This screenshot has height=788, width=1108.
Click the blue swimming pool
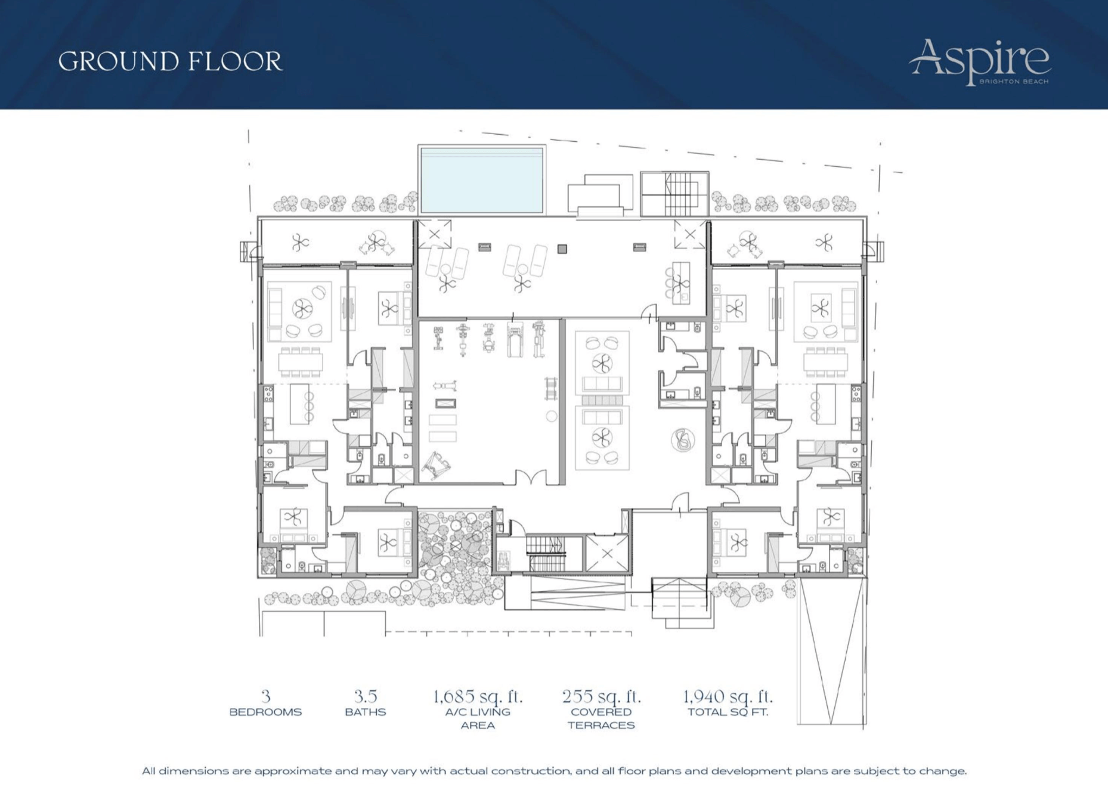point(482,180)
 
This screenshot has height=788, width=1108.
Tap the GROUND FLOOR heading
point(170,61)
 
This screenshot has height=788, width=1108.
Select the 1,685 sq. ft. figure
point(478,696)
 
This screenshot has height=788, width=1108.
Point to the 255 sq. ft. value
point(601,696)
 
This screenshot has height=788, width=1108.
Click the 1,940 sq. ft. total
point(728,696)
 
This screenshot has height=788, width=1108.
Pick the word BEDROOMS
point(265,712)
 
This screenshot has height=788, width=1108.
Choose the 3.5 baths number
point(366,696)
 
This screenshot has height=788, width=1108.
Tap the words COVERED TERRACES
point(601,719)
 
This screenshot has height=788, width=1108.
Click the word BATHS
point(366,712)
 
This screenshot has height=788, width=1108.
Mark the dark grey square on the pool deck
point(562,249)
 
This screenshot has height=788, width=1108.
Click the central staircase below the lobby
point(545,554)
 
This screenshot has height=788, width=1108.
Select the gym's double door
point(530,477)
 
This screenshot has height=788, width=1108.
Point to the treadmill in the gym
point(515,340)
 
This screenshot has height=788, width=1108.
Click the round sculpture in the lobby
point(683,440)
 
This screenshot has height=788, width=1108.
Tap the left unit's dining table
point(301,362)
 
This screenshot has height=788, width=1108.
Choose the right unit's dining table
point(825,362)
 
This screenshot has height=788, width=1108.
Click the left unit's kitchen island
point(300,404)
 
